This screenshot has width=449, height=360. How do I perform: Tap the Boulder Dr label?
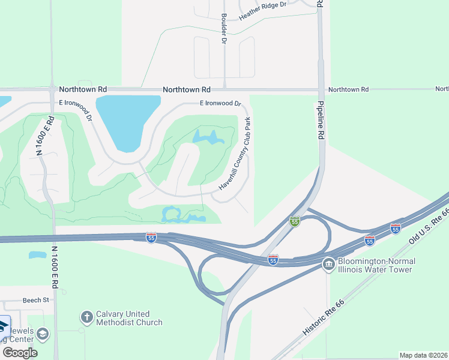click(x=224, y=29)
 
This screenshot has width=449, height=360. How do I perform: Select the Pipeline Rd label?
click(x=321, y=120)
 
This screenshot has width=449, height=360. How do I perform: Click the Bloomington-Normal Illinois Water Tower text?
click(x=375, y=265)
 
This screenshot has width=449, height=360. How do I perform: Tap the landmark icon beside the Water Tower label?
click(x=328, y=265)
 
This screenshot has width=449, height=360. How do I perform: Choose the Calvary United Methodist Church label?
click(x=129, y=318)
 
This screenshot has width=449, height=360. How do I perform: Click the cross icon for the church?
click(x=86, y=317)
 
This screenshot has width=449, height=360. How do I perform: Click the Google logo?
click(x=20, y=352)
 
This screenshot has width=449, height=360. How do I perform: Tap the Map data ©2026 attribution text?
click(x=423, y=355)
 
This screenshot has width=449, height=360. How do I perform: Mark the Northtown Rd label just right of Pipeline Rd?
click(x=348, y=89)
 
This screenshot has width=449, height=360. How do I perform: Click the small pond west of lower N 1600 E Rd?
click(x=37, y=255)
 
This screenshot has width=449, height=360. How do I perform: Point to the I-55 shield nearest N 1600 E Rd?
click(x=151, y=238)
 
